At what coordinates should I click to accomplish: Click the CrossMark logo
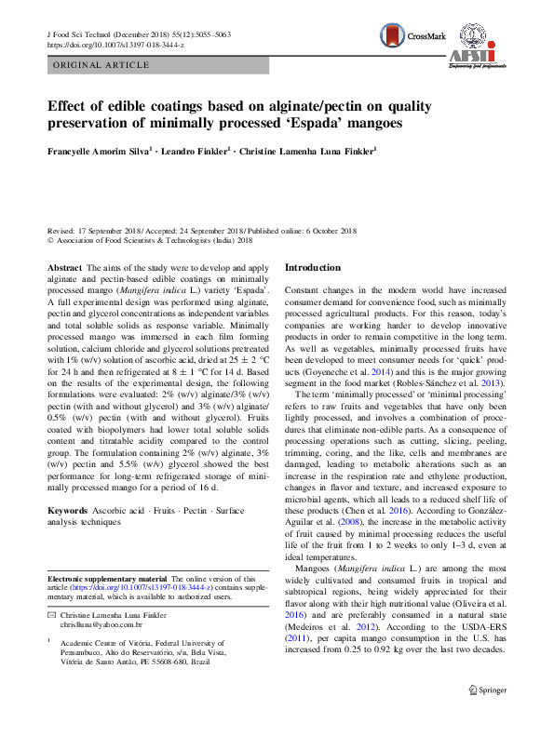pos(410,36)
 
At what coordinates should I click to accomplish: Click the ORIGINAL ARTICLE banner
pos(101,64)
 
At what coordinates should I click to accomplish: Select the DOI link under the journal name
pos(115,44)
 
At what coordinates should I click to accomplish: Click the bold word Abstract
pos(64,268)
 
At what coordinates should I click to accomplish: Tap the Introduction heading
pos(312,268)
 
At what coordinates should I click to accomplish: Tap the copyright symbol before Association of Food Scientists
pos(50,240)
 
